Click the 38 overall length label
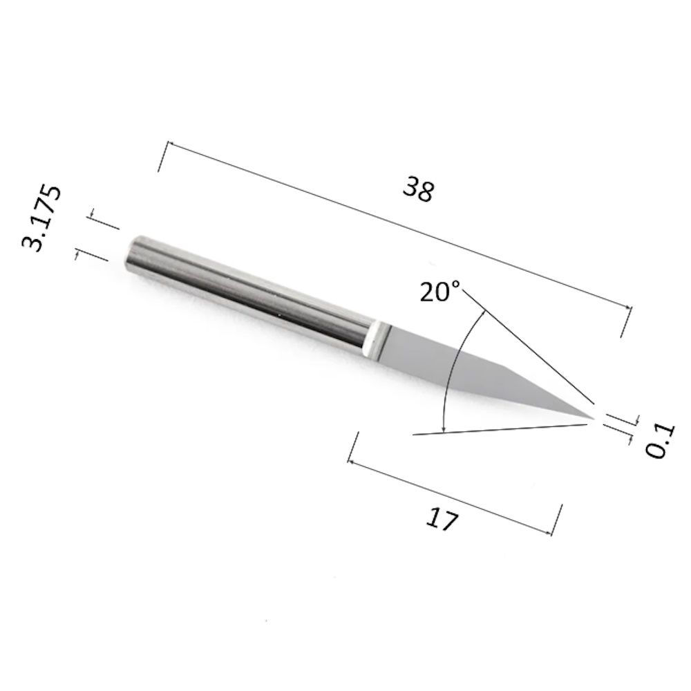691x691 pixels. coord(418,189)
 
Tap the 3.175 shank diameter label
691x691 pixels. coord(41,218)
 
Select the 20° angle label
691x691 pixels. coord(439,292)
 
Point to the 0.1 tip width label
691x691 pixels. coord(661,441)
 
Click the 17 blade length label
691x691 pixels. coord(442,519)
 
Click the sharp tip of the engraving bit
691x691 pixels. coord(594,418)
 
